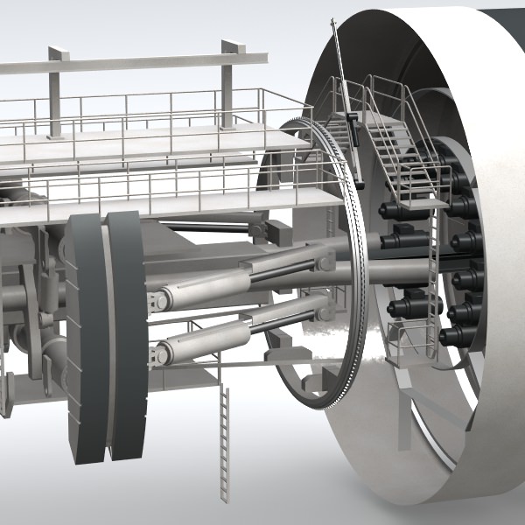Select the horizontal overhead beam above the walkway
[x=140, y=63]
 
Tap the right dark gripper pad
[x=127, y=341]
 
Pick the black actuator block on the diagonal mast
[x=354, y=131]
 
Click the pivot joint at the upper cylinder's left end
[x=160, y=301]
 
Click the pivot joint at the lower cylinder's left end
[x=159, y=354]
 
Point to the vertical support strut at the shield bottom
[x=404, y=420]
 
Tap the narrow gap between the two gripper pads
[x=107, y=350]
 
